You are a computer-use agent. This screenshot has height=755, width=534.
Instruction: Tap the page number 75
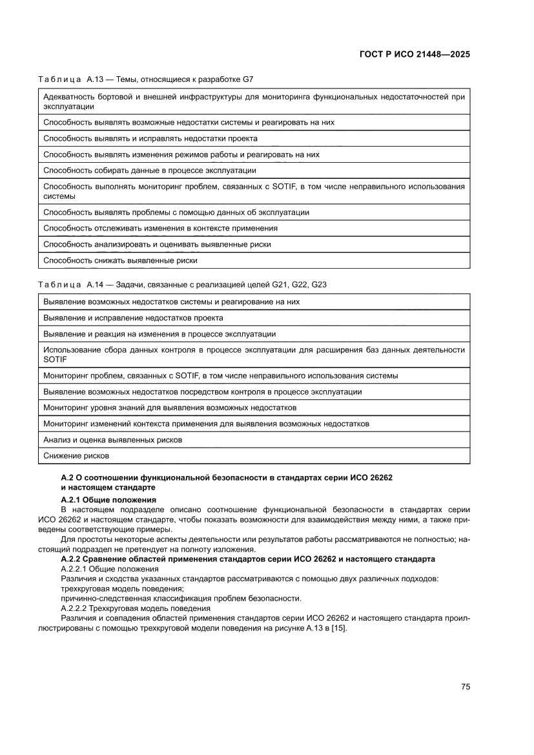tap(465, 687)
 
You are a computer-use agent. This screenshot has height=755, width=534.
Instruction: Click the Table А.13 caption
tap(146, 79)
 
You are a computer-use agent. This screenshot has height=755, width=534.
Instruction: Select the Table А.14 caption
tap(183, 284)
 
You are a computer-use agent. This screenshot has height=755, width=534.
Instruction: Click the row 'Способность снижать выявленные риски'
tap(120, 260)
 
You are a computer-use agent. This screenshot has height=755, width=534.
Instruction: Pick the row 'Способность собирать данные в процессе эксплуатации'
tap(150, 171)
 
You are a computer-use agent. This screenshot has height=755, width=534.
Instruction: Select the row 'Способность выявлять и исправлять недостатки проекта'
tap(150, 138)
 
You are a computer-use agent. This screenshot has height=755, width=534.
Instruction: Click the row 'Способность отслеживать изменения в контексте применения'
tap(161, 228)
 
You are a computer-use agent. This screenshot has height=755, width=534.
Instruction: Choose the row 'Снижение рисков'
tap(76, 455)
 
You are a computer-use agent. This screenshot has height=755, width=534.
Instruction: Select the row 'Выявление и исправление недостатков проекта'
tap(134, 318)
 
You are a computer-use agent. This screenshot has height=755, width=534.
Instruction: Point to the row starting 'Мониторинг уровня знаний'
tap(170, 408)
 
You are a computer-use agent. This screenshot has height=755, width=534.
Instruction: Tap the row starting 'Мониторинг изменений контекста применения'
tap(206, 424)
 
